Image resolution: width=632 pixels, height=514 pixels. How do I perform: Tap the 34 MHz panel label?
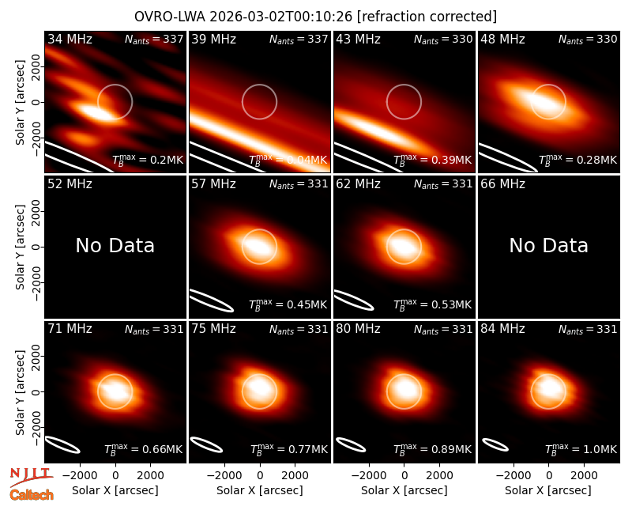70,39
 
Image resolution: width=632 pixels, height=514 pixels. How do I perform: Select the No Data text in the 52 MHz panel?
115,245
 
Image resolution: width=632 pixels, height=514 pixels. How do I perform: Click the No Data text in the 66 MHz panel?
548,245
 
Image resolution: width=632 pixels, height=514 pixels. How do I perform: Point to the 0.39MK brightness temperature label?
432,160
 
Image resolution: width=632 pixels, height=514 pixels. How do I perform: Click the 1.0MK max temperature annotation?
581,449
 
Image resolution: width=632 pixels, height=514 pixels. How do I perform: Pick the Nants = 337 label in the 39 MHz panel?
299,40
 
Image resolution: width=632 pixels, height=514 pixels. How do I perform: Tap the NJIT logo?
31,476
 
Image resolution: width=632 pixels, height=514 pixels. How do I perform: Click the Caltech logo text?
32,495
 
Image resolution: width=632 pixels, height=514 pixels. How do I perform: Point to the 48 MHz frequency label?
502,39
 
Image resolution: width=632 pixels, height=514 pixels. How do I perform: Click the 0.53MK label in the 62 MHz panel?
432,304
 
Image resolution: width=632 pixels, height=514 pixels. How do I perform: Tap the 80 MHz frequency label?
359,329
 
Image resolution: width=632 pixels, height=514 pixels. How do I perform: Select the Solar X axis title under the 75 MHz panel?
260,490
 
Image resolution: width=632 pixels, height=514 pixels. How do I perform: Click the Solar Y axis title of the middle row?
21,247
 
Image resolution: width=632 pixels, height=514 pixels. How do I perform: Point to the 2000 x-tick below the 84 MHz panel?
584,475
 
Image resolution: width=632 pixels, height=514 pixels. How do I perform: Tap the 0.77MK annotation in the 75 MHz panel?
288,449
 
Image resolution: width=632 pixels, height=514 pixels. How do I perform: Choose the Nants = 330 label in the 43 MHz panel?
443,40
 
